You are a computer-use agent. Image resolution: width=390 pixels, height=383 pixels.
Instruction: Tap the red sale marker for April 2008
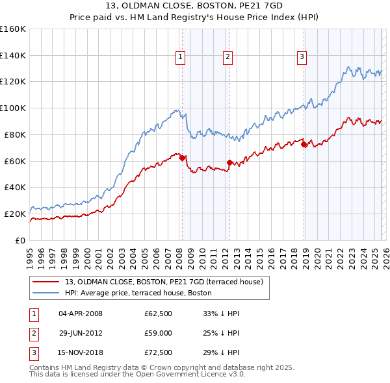(x=183, y=158)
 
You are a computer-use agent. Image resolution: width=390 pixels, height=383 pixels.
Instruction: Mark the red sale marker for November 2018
(x=304, y=144)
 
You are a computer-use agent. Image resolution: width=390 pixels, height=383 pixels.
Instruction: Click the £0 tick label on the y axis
(x=19, y=240)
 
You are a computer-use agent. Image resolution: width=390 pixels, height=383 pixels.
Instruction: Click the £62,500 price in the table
(x=159, y=314)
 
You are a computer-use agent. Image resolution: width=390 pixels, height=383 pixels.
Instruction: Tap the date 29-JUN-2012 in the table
(x=81, y=334)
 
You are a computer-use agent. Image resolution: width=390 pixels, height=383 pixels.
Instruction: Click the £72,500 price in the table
(x=159, y=354)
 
